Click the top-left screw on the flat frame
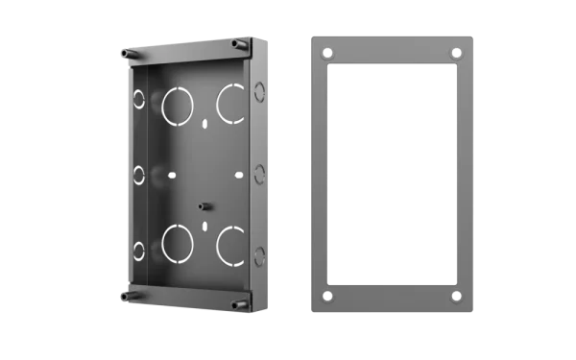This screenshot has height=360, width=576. [x=328, y=53]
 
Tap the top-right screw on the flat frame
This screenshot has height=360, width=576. [x=456, y=53]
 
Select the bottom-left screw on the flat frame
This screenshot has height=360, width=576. [x=328, y=296]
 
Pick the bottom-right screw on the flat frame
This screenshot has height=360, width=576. [x=456, y=296]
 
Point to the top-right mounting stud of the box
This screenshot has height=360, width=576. [x=235, y=43]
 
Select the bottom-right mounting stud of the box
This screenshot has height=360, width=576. [x=237, y=306]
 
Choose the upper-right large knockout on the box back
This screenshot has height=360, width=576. [x=231, y=103]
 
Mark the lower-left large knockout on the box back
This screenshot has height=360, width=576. [x=177, y=243]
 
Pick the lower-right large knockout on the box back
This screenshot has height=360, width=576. [x=231, y=245]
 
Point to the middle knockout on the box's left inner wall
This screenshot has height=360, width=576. [x=140, y=176]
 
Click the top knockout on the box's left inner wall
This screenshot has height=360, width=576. [x=140, y=99]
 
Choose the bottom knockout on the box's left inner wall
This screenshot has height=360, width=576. [x=140, y=252]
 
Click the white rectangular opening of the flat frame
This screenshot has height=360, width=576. [x=392, y=175]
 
